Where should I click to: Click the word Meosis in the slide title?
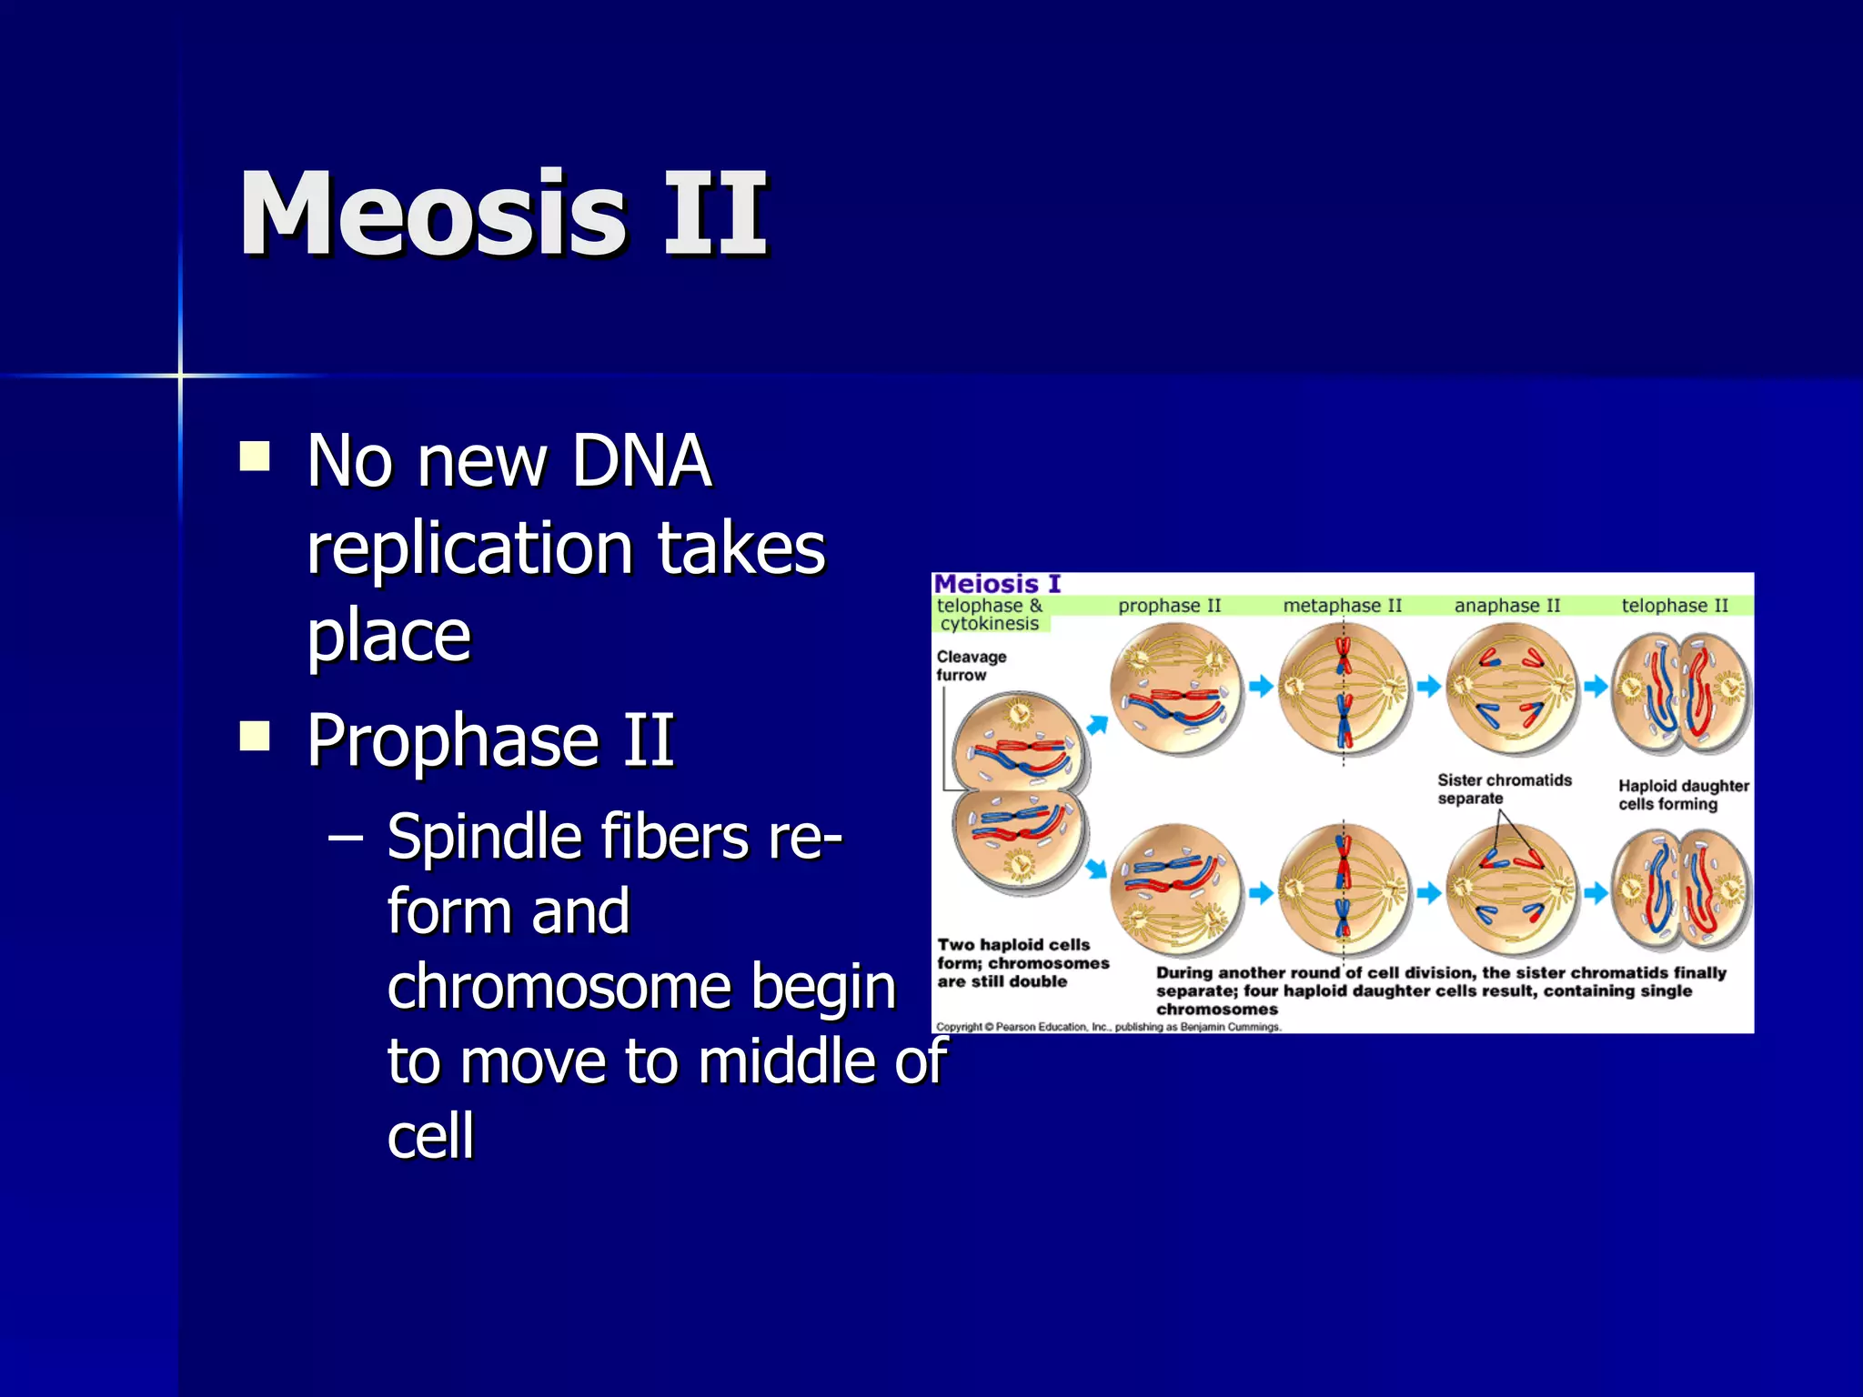pos(433,215)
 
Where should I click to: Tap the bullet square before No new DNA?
pos(255,457)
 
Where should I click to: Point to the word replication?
pos(469,548)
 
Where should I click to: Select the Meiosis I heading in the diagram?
pos(997,584)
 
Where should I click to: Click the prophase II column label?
pos(1169,606)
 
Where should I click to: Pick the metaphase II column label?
pos(1342,606)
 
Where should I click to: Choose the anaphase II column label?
pos(1506,606)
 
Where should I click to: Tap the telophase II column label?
pos(1674,606)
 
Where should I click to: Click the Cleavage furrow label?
pos(971,666)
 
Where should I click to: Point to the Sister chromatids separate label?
pos(1503,789)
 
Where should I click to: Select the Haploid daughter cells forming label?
pos(1682,795)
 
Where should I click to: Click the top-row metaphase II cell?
pos(1344,688)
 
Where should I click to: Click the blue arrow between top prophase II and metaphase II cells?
pos(1260,686)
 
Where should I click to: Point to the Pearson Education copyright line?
pos(1108,1027)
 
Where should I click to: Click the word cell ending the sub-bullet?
pos(430,1136)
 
